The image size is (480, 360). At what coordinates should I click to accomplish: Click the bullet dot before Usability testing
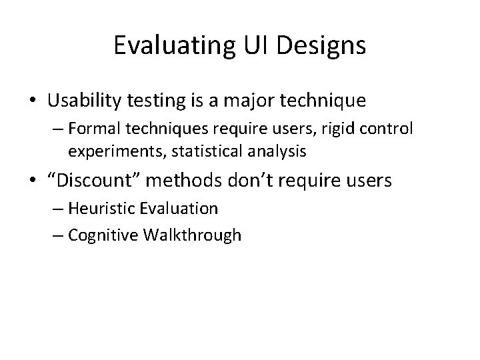point(33,101)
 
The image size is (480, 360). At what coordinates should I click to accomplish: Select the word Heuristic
point(103,208)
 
